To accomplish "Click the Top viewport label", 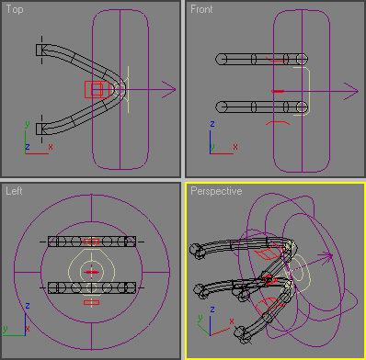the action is coord(15,9).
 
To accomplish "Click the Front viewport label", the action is coord(201,9).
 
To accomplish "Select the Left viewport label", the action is coord(14,191).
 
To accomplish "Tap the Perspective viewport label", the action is coord(216,191).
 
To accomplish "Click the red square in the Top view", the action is coord(97,89).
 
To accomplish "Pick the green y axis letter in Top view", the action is coord(28,125).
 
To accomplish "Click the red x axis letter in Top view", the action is coord(51,147).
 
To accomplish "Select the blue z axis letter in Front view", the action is coord(212,124).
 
